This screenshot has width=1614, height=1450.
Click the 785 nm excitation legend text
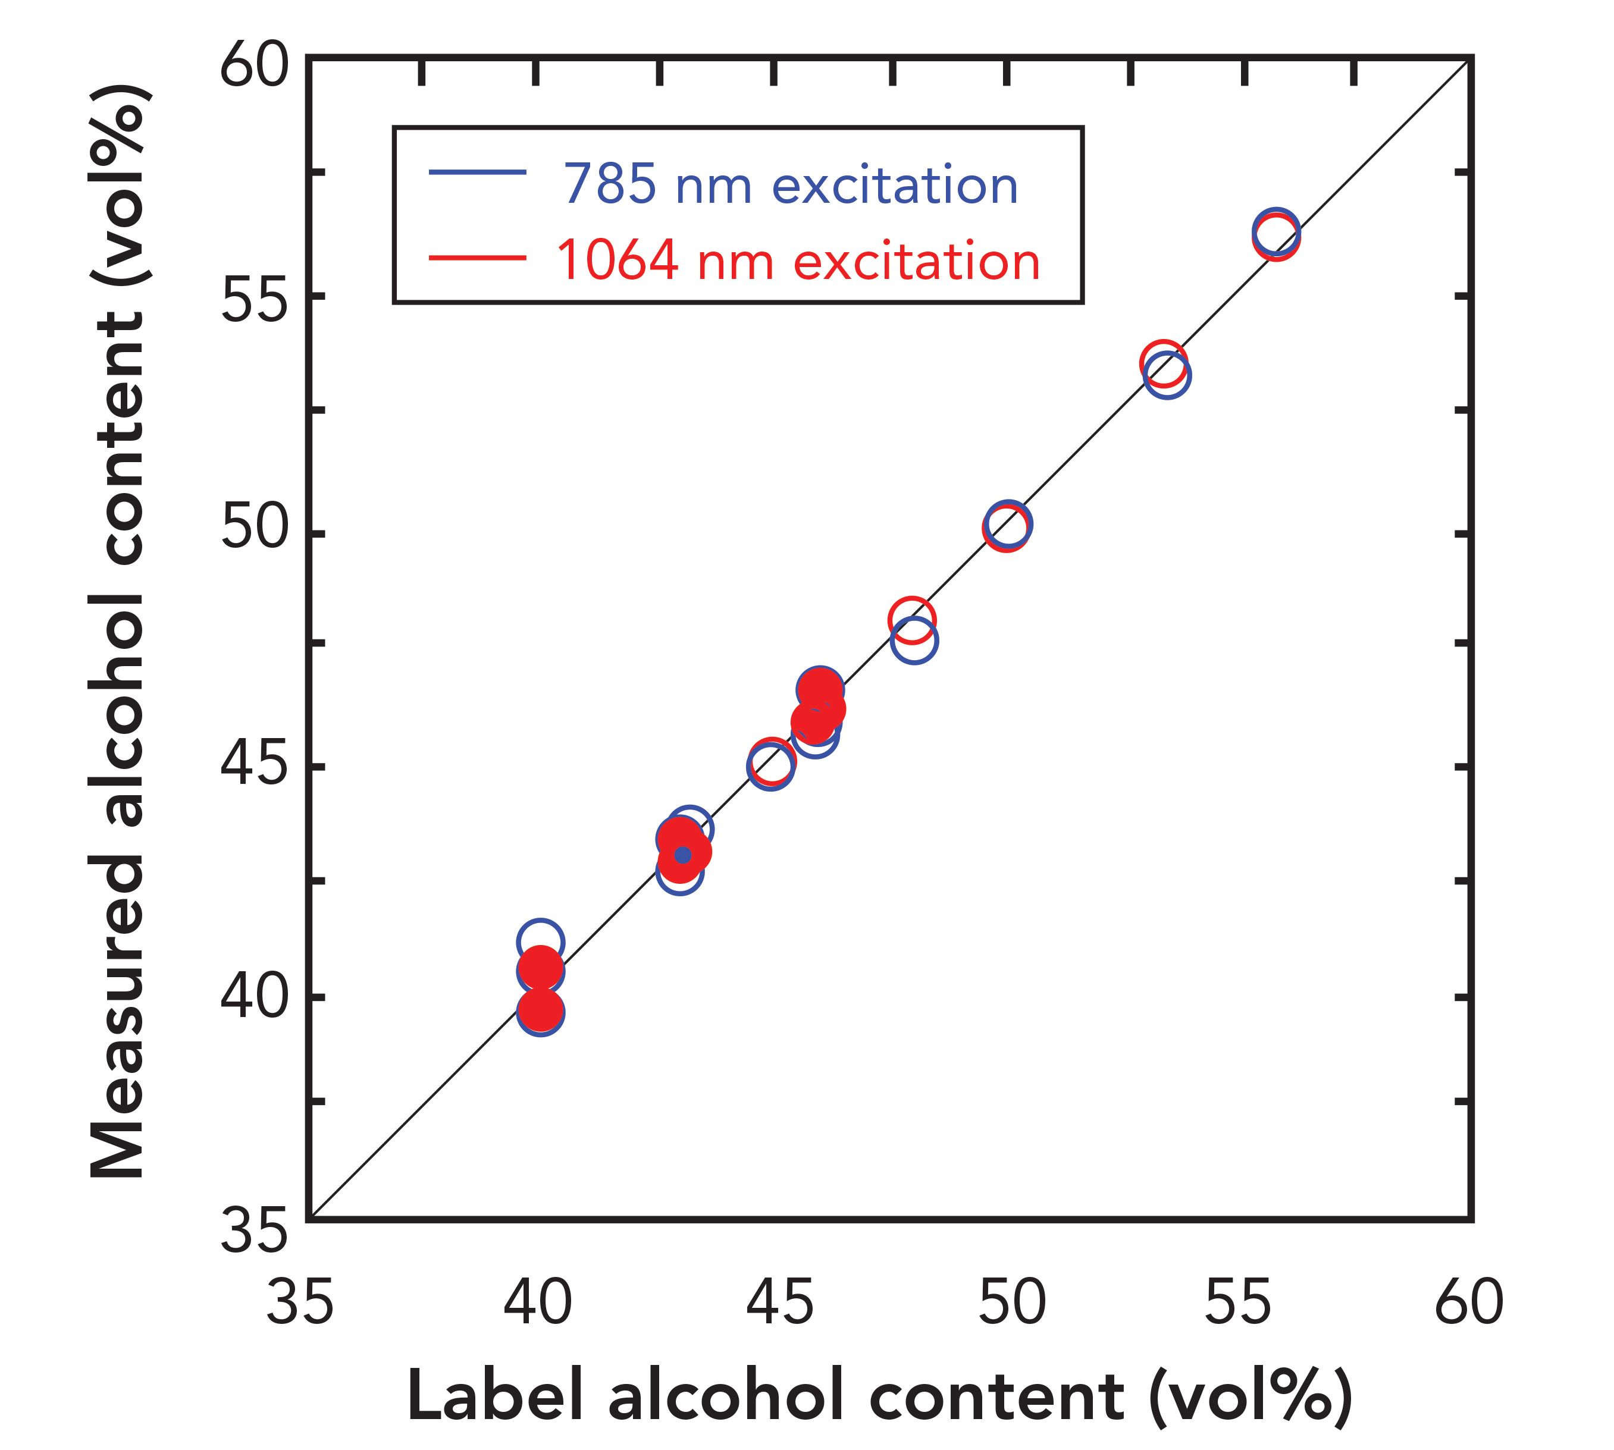[791, 185]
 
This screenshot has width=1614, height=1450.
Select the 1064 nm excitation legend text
[798, 261]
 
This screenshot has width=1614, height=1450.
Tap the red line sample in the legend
[477, 258]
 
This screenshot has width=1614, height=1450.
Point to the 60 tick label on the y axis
[253, 67]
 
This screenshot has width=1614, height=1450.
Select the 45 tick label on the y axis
[253, 764]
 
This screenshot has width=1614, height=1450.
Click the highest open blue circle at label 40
[540, 941]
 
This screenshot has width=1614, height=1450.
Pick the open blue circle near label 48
[914, 640]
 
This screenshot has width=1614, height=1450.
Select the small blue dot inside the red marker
[682, 855]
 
